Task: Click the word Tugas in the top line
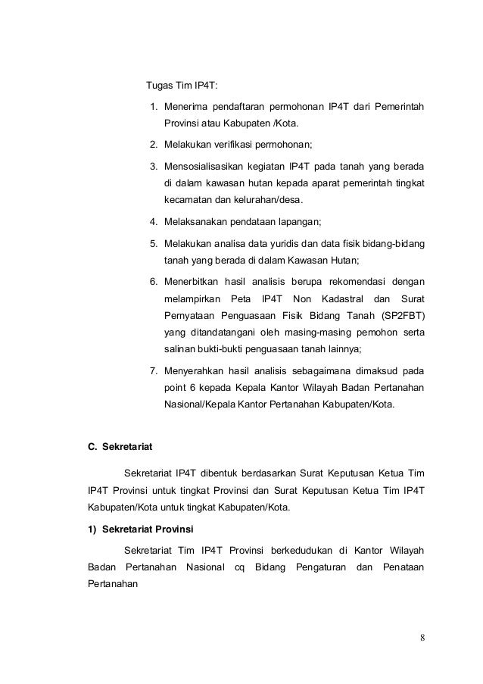pyautogui.click(x=159, y=84)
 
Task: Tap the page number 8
pyautogui.click(x=422, y=636)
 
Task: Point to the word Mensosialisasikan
pyautogui.click(x=207, y=165)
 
